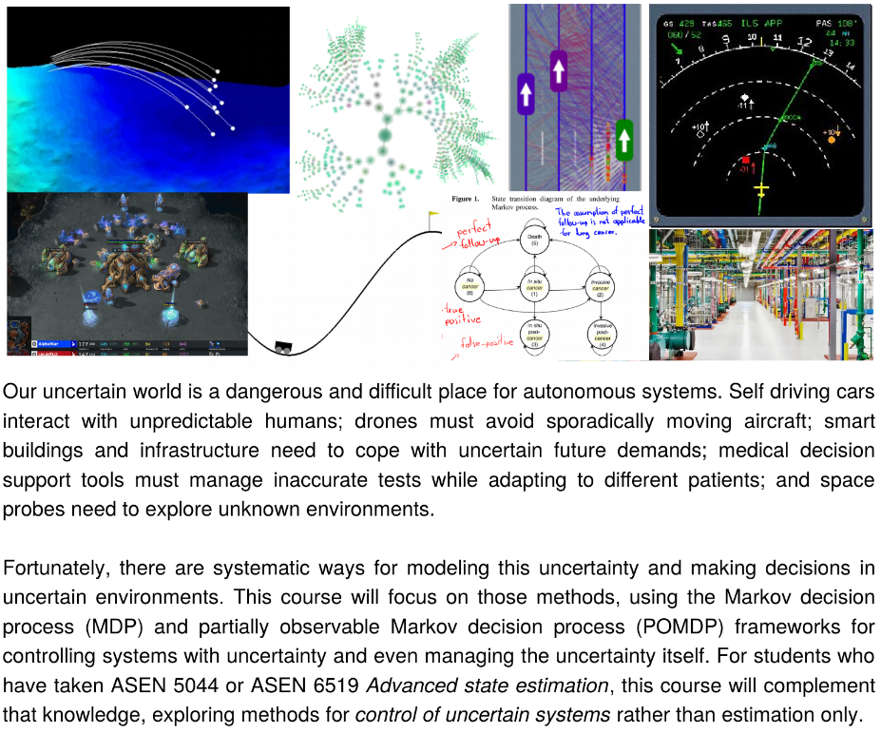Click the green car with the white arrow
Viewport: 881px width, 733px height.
[x=624, y=140]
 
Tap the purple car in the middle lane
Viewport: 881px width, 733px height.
[x=559, y=71]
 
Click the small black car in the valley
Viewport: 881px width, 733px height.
[x=282, y=347]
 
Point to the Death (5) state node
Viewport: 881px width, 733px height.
[x=534, y=240]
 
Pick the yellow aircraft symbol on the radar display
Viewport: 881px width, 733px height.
[x=760, y=191]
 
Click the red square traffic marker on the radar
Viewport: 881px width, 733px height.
[x=745, y=159]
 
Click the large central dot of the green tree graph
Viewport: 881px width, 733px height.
[x=384, y=137]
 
